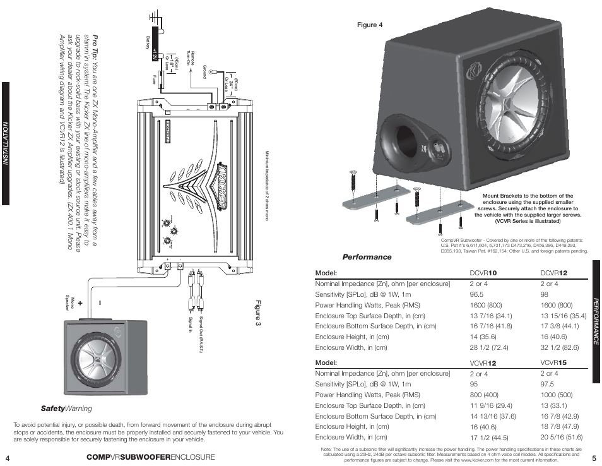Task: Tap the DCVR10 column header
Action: click(483, 273)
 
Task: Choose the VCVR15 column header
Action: click(554, 363)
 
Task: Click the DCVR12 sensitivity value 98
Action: click(545, 294)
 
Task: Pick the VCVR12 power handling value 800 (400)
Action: click(484, 395)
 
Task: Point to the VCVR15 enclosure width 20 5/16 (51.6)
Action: click(562, 437)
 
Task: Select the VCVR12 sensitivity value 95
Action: click(474, 384)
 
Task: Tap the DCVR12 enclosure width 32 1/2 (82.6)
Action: click(560, 347)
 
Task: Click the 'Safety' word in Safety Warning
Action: click(54, 409)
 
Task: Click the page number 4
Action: click(7, 457)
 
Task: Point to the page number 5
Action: click(594, 457)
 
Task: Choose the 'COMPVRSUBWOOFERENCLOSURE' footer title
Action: click(151, 457)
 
